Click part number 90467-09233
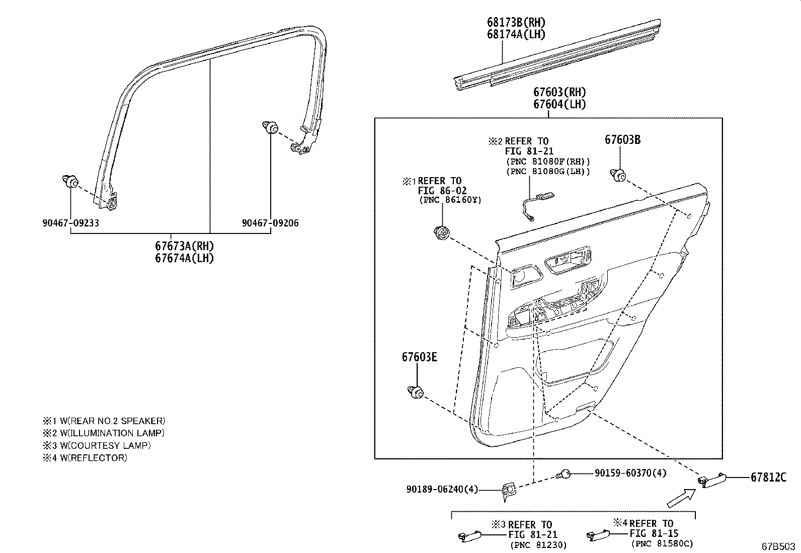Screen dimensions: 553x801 [70, 223]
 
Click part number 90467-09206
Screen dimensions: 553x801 [270, 223]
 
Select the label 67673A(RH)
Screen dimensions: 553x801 [184, 246]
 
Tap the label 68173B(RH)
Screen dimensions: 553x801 [516, 23]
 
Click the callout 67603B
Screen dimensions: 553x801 [622, 140]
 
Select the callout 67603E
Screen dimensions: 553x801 [419, 357]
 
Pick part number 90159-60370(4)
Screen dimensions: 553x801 [630, 473]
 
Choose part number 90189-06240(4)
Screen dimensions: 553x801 [442, 489]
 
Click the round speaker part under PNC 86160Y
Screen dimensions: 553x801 [441, 233]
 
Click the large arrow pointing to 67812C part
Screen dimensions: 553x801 [680, 498]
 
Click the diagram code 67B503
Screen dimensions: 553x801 [778, 546]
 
